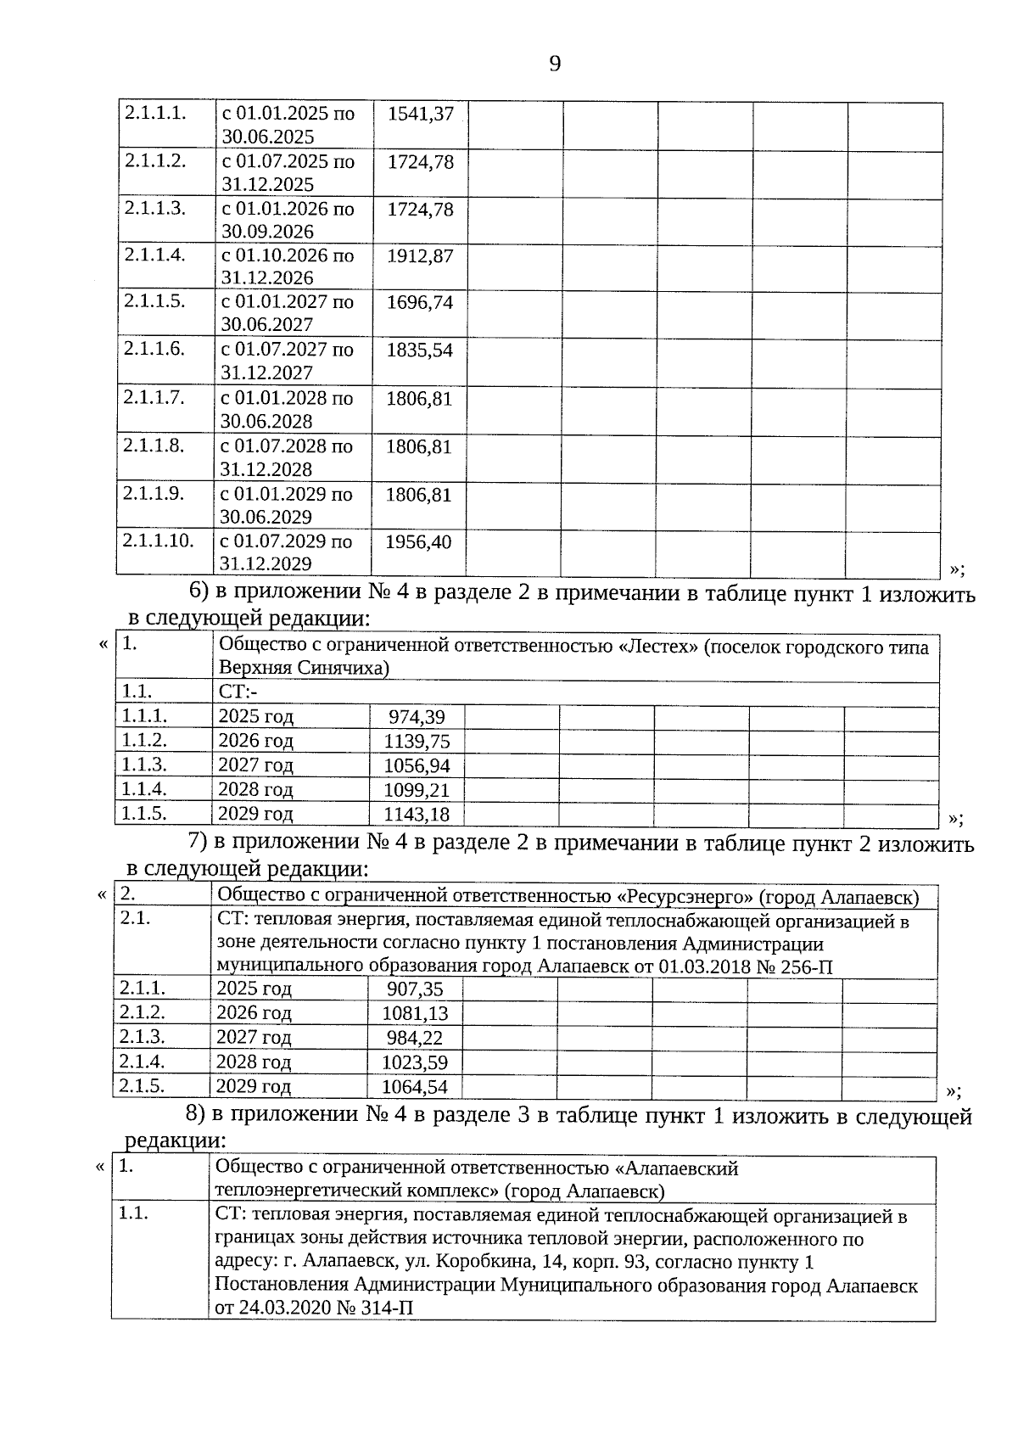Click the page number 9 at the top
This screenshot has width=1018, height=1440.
pyautogui.click(x=555, y=64)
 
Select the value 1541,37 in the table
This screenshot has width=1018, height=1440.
pyautogui.click(x=420, y=114)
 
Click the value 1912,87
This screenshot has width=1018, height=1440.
pyautogui.click(x=420, y=255)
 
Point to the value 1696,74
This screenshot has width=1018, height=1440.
pyautogui.click(x=420, y=302)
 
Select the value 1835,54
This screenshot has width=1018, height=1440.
pyautogui.click(x=420, y=350)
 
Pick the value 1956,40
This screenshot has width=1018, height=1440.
pyautogui.click(x=418, y=541)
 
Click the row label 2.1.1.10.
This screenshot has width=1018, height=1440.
pyautogui.click(x=158, y=541)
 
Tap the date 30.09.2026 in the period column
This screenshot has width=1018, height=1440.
pyautogui.click(x=267, y=232)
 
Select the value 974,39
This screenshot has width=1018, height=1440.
pyautogui.click(x=417, y=717)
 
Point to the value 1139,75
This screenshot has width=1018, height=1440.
pyautogui.click(x=417, y=742)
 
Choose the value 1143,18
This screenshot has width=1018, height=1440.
pyautogui.click(x=417, y=815)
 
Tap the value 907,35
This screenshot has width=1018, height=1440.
pyautogui.click(x=415, y=989)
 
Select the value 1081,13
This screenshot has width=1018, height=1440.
pyautogui.click(x=415, y=1013)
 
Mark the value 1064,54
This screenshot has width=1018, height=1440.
pyautogui.click(x=415, y=1087)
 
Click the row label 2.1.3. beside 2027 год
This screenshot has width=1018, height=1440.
pyautogui.click(x=142, y=1037)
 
